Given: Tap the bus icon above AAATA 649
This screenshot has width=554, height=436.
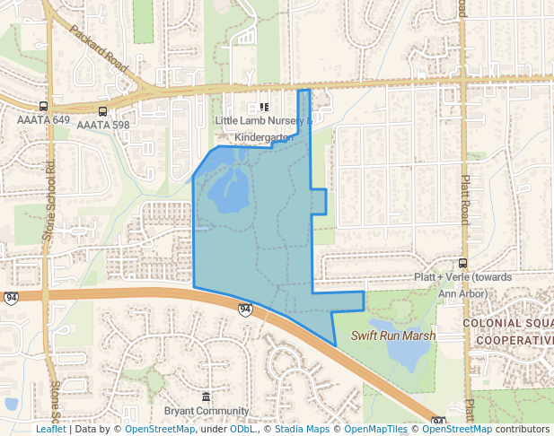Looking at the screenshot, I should [43, 106].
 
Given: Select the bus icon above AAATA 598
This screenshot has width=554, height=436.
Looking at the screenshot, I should [102, 111].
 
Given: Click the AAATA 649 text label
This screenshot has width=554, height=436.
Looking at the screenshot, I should [43, 119].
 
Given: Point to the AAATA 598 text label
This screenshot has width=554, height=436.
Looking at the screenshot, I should [102, 125].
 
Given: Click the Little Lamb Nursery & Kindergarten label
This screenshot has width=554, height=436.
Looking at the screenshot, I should [264, 128].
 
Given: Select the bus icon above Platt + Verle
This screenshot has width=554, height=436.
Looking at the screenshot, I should [462, 263].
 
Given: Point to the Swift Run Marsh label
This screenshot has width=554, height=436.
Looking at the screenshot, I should [392, 336].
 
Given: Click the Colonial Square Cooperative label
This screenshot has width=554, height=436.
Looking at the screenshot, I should [508, 331].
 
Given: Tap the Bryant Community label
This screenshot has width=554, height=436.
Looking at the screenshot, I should [206, 411].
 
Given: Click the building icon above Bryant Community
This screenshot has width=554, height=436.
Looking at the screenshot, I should [207, 397].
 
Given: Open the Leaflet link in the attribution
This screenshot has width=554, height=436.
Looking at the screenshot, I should [50, 429].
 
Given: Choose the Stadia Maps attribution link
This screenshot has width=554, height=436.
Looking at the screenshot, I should [301, 429].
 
